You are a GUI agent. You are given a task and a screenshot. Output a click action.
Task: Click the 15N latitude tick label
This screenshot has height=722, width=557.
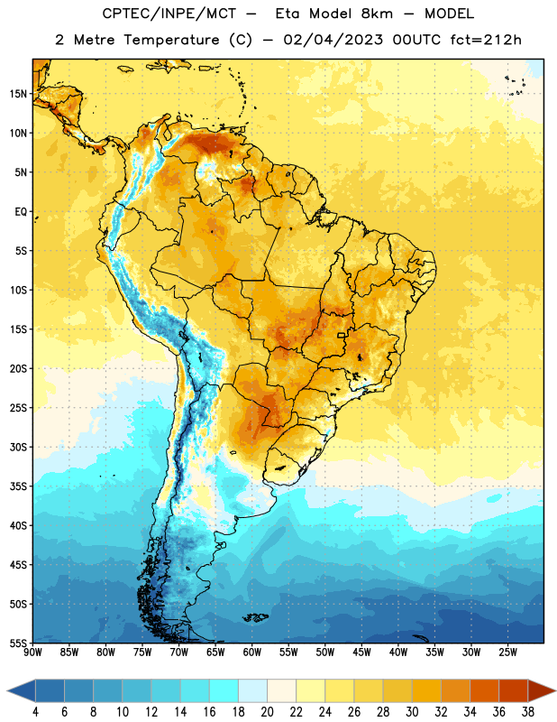18,94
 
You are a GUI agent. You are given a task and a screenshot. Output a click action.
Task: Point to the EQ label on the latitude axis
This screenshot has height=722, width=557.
21,212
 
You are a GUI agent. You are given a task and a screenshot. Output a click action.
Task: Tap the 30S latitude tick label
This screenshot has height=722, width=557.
18,448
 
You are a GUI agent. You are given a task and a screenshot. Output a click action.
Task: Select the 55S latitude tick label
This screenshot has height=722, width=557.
18,643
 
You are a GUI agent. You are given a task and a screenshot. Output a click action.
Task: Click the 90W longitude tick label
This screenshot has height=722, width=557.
32,653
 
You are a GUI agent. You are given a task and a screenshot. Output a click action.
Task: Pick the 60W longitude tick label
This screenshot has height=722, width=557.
252,653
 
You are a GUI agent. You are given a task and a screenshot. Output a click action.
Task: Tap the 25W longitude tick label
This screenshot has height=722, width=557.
507,653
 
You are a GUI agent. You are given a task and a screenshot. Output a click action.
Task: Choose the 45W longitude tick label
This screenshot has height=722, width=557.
361,653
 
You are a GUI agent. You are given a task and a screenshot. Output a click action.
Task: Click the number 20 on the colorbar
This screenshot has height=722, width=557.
267,712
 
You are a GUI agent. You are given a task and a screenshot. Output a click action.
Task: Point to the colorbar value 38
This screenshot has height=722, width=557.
527,712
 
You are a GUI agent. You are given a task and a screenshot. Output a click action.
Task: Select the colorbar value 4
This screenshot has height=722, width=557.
35,712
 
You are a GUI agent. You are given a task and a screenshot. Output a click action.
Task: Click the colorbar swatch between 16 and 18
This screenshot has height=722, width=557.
224,690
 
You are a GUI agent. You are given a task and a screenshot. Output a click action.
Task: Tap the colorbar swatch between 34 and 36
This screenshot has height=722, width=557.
484,690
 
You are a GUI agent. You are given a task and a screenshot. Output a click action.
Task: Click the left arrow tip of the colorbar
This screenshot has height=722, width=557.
7,690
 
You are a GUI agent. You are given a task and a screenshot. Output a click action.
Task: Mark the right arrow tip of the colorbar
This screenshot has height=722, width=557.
556,690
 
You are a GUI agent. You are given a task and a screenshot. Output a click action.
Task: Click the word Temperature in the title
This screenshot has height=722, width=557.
171,40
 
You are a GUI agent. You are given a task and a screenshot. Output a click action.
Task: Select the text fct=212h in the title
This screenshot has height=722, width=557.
486,40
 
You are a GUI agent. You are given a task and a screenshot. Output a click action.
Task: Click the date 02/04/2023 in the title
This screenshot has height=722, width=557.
333,40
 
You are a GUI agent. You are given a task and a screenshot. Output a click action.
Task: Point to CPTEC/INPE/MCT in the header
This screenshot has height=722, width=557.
169,14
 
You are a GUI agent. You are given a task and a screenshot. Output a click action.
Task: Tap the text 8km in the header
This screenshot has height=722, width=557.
377,14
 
